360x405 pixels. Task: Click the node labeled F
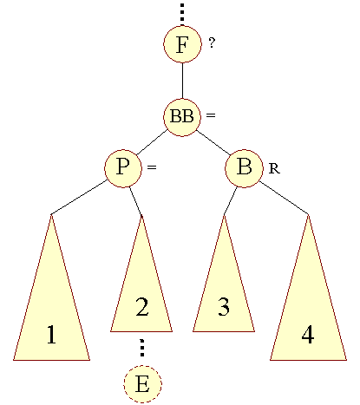[x=182, y=44]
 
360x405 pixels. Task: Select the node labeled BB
[x=182, y=117]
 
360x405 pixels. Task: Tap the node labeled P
[x=123, y=168]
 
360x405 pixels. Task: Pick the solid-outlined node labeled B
[x=244, y=168]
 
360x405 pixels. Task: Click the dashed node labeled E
[x=142, y=384]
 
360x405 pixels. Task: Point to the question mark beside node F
[x=212, y=42]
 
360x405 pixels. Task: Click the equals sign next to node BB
[x=211, y=115]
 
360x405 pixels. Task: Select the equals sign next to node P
[x=152, y=167]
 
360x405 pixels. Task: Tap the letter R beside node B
[x=274, y=168]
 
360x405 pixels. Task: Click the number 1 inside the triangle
[x=51, y=335]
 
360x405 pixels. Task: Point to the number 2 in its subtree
[x=142, y=307]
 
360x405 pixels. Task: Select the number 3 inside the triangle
[x=224, y=307]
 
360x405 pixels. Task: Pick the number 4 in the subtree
[x=307, y=335]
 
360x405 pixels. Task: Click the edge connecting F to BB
[x=182, y=81]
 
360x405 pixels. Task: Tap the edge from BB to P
[x=152, y=142]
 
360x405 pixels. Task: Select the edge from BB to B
[x=213, y=143]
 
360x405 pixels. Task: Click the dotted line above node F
[x=182, y=14]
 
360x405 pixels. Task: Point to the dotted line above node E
[x=141, y=348]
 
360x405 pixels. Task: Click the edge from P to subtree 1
[x=79, y=198]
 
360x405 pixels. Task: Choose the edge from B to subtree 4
[x=284, y=199]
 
